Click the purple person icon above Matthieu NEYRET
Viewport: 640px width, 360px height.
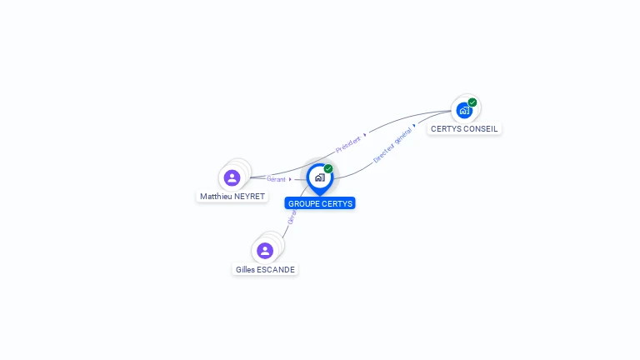(x=232, y=177)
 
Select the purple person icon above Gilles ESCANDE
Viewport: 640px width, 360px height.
(x=265, y=251)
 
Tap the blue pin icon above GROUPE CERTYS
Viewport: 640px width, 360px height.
(x=319, y=177)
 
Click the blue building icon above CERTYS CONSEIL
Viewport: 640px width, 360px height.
(x=464, y=110)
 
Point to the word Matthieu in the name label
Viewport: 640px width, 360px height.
(x=216, y=197)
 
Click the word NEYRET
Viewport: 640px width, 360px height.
(x=249, y=197)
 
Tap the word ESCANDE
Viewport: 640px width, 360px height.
(x=277, y=270)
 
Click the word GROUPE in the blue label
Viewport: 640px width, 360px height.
(x=304, y=203)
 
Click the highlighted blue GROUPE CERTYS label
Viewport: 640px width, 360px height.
(x=320, y=203)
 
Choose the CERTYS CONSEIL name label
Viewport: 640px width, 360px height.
(x=464, y=129)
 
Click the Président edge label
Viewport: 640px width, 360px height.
(x=348, y=143)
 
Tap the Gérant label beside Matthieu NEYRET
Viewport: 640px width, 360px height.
(x=276, y=179)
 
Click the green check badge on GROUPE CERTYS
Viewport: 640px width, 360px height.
(x=328, y=169)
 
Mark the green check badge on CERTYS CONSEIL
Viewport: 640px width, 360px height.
(x=472, y=102)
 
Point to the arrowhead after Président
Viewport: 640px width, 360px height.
(x=365, y=134)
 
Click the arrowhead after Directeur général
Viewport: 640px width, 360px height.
(x=414, y=125)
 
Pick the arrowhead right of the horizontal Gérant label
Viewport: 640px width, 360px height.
(x=290, y=179)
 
